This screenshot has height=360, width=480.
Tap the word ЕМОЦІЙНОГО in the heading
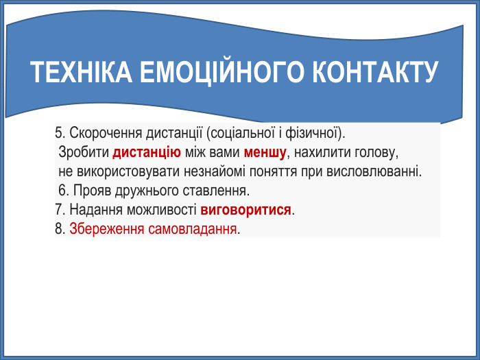click(221, 73)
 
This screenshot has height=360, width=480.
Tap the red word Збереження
click(106, 228)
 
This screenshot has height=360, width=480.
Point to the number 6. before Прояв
click(64, 189)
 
